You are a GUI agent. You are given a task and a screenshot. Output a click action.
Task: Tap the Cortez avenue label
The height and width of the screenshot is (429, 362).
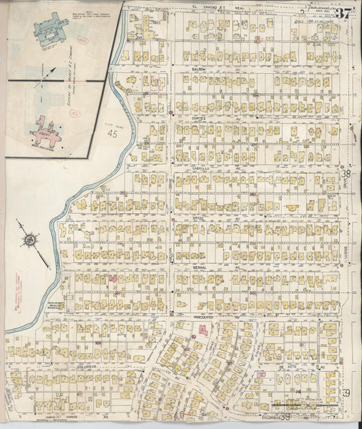(198, 117)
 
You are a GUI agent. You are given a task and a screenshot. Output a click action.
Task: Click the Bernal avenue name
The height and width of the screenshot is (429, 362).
(200, 267)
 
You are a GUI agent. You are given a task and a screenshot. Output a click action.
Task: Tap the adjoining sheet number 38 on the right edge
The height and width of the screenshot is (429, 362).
(345, 174)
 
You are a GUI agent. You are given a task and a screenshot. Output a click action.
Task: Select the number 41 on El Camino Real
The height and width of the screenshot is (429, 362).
(221, 9)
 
